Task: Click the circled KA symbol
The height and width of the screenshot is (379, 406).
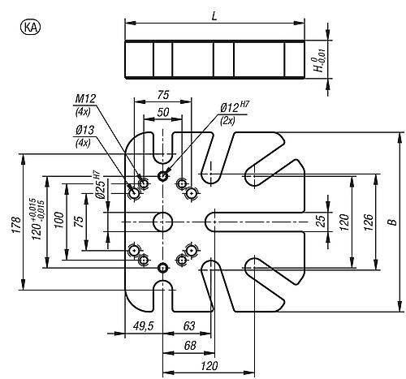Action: pyautogui.click(x=30, y=28)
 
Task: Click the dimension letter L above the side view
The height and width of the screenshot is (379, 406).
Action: pyautogui.click(x=214, y=16)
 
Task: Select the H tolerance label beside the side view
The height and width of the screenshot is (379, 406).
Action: pyautogui.click(x=320, y=61)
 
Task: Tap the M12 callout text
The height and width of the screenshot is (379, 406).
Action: pyautogui.click(x=85, y=99)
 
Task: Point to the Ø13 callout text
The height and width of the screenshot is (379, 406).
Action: pyautogui.click(x=85, y=131)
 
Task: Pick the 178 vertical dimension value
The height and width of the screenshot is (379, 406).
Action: pyautogui.click(x=16, y=225)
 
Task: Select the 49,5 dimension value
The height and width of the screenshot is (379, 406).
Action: pyautogui.click(x=143, y=326)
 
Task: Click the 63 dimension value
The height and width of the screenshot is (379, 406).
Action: pyautogui.click(x=189, y=326)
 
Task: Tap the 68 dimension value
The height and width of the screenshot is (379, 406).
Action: pyautogui.click(x=190, y=346)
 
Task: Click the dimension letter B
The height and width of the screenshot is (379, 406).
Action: pyautogui.click(x=393, y=222)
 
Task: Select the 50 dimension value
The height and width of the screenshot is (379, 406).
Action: pyautogui.click(x=163, y=112)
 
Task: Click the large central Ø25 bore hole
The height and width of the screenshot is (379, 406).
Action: pyautogui.click(x=162, y=222)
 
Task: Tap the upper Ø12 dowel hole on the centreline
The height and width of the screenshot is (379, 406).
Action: pyautogui.click(x=162, y=176)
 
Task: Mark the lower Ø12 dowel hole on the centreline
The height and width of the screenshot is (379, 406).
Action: pyautogui.click(x=162, y=268)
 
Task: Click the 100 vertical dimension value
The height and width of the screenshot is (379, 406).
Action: pyautogui.click(x=59, y=220)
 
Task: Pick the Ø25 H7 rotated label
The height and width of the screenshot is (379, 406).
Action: pyautogui.click(x=99, y=185)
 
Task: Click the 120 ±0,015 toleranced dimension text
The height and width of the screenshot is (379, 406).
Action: pyautogui.click(x=37, y=219)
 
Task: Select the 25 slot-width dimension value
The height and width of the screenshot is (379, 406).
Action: pyautogui.click(x=320, y=222)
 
